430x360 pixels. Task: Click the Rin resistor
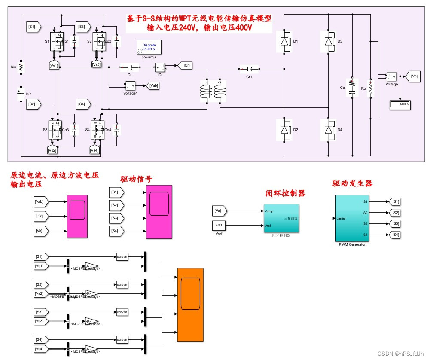pyautogui.click(x=20, y=67)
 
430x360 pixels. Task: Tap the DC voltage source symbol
pyautogui.click(x=20, y=94)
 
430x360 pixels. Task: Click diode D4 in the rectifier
pyautogui.click(x=329, y=129)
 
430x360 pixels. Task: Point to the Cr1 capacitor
pyautogui.click(x=250, y=69)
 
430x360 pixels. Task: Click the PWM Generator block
pyautogui.click(x=352, y=218)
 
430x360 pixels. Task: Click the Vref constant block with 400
pyautogui.click(x=219, y=225)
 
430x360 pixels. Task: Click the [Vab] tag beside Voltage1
pyautogui.click(x=153, y=86)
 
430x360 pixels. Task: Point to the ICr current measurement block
pyautogui.click(x=160, y=67)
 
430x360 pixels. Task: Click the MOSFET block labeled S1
pyautogui.click(x=56, y=41)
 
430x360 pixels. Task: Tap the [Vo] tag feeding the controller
pyautogui.click(x=220, y=210)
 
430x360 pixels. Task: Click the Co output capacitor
pyautogui.click(x=352, y=88)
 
